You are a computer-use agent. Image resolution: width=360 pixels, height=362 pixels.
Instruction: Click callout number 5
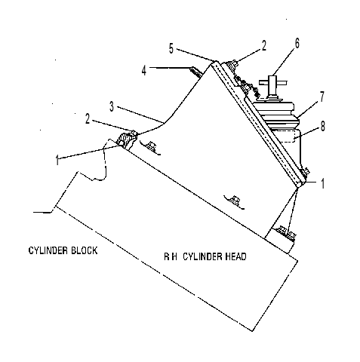(171, 48)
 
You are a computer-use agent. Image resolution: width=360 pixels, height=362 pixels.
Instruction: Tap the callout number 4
(143, 71)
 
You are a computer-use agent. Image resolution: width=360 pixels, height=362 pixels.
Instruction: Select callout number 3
(112, 106)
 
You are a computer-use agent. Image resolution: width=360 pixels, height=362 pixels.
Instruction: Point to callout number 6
(297, 43)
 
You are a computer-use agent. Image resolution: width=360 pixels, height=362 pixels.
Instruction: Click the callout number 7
(322, 97)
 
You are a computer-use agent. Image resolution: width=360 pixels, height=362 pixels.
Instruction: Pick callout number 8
(323, 126)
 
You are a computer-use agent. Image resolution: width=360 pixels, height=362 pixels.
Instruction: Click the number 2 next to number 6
(263, 46)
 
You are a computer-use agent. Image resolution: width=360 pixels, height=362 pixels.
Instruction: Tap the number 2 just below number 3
(88, 119)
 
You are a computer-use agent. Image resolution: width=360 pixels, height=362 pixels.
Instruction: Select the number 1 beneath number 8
(323, 183)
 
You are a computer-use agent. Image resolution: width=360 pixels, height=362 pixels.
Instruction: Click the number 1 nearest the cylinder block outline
(57, 161)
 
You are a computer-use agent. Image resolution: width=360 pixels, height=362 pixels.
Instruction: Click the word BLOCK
(84, 250)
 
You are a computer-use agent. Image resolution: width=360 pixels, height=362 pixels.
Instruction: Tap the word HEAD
(235, 256)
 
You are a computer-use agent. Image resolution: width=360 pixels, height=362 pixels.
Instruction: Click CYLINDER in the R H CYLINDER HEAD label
(203, 256)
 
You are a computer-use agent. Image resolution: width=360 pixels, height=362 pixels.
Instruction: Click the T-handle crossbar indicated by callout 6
(273, 82)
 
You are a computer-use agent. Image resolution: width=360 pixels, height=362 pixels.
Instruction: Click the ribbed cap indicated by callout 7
(275, 115)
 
